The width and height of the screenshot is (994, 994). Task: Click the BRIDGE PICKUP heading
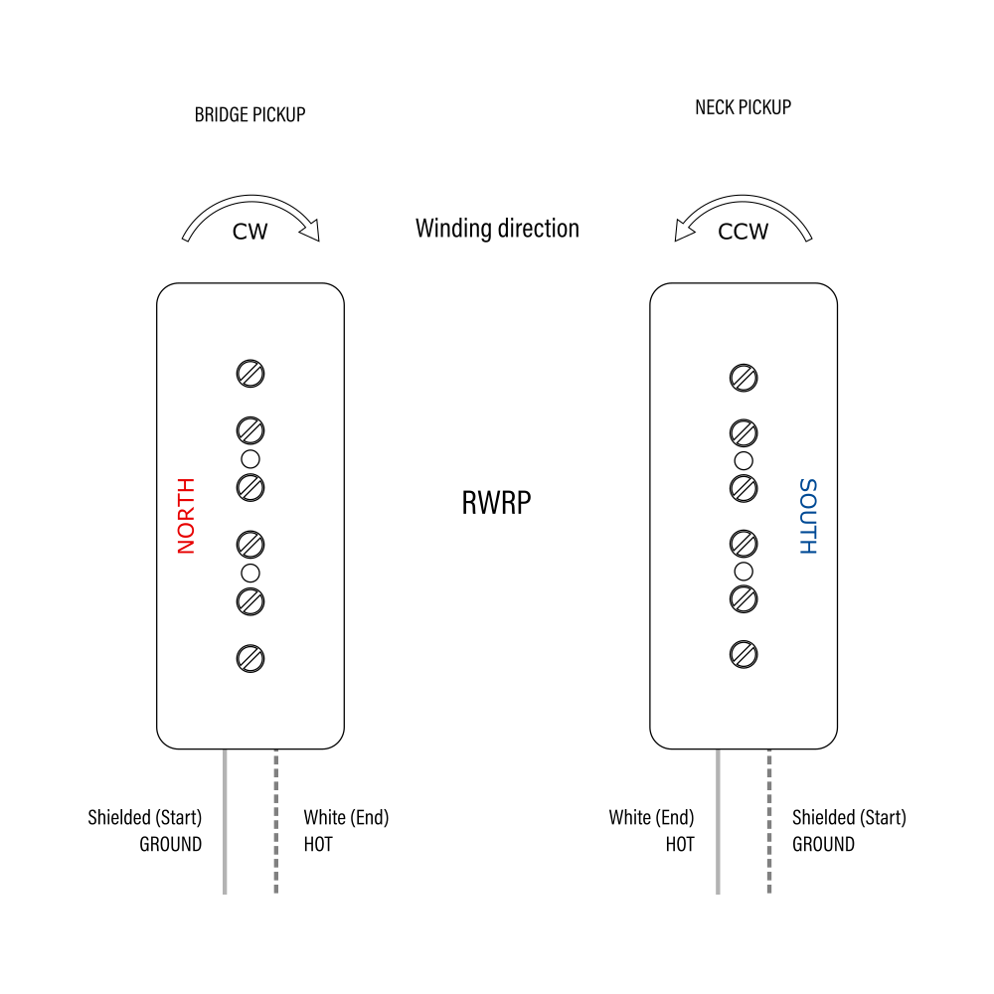249,114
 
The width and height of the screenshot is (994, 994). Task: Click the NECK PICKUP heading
743,107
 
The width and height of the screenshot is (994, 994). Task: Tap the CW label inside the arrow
249,232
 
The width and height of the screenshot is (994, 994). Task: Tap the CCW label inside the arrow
743,232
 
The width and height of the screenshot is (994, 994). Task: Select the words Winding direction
497,229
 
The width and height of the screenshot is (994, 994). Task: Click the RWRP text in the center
496,503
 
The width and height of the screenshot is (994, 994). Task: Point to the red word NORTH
186,516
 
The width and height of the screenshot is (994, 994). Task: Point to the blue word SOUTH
807,516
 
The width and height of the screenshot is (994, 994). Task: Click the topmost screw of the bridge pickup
250,374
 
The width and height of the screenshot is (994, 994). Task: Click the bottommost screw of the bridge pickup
250,657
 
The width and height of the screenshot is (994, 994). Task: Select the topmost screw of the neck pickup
744,378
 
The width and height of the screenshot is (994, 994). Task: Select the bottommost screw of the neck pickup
744,653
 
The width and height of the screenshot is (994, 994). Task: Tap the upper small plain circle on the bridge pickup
250,458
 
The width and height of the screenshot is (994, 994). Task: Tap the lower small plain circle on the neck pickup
744,571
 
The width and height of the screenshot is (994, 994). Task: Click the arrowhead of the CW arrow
311,233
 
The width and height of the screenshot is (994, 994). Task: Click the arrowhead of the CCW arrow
684,233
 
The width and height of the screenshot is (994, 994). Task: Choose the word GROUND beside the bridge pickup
170,845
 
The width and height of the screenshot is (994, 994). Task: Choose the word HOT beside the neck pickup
680,845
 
